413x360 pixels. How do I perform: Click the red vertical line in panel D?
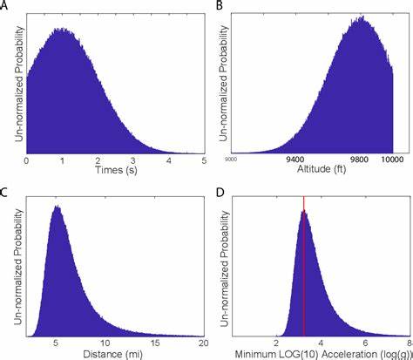303,262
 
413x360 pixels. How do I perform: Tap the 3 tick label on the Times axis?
133,160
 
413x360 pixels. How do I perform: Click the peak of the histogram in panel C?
57,207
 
